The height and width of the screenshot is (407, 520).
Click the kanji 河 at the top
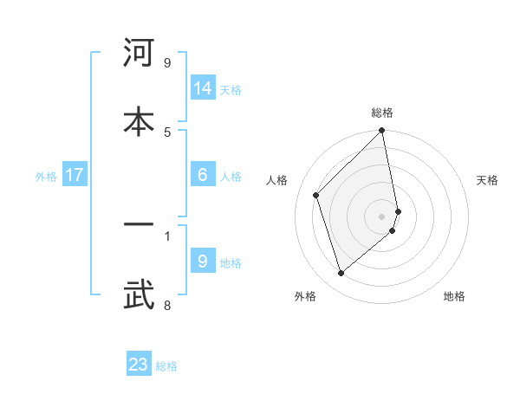click(x=139, y=54)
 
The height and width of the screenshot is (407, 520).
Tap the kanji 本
click(x=139, y=120)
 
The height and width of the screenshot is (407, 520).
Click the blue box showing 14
click(x=203, y=88)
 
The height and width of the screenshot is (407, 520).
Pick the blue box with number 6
click(x=203, y=175)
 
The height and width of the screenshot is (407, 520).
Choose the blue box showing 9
click(x=203, y=262)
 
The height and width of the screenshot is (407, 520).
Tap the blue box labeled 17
click(x=75, y=175)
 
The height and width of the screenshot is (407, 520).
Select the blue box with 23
click(x=139, y=365)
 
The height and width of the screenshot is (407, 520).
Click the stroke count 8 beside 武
click(x=167, y=305)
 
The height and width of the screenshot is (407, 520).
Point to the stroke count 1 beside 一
click(x=167, y=235)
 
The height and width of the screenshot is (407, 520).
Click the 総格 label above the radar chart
click(x=382, y=113)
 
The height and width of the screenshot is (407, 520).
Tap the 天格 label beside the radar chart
click(x=488, y=180)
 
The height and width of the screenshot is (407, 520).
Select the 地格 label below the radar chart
click(x=454, y=296)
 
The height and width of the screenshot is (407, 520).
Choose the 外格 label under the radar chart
click(x=305, y=296)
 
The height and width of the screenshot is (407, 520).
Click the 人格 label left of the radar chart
click(x=277, y=180)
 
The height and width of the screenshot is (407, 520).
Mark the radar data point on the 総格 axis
click(x=382, y=132)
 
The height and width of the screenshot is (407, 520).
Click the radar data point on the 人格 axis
click(x=316, y=195)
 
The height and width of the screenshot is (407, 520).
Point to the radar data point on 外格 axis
click(x=341, y=274)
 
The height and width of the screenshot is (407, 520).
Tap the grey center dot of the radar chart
click(x=382, y=216)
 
